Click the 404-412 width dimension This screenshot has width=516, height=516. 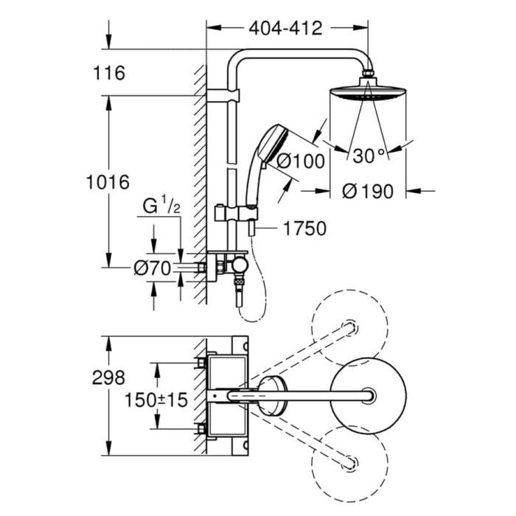click(285, 28)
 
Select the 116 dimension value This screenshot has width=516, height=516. click(109, 73)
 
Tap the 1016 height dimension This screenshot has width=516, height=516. click(108, 182)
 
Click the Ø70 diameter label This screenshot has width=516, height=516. click(153, 268)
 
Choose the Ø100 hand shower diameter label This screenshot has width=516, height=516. click(300, 161)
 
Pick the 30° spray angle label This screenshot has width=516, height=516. click(369, 156)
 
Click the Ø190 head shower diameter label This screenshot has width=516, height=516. click(368, 191)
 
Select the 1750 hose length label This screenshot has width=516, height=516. click(304, 229)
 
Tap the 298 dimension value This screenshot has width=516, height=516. click(108, 377)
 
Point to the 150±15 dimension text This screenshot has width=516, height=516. click(156, 400)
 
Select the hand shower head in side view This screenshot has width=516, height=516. click(273, 144)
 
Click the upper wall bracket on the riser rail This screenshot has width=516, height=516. click(223, 95)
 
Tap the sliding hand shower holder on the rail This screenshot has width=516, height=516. click(235, 214)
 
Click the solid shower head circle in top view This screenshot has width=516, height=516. click(368, 396)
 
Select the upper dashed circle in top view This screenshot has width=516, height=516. click(349, 328)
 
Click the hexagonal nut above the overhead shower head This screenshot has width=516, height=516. click(368, 73)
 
